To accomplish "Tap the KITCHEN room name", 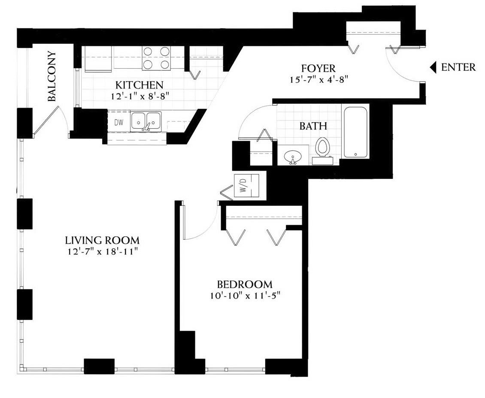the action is pyautogui.click(x=139, y=84).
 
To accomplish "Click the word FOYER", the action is pyautogui.click(x=318, y=68).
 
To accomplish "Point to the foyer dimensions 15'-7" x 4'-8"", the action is pyautogui.click(x=319, y=79).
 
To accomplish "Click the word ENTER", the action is pyautogui.click(x=458, y=67).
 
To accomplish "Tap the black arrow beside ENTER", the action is pyautogui.click(x=433, y=67).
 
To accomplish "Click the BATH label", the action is pyautogui.click(x=313, y=126).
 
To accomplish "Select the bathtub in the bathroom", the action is pyautogui.click(x=355, y=132).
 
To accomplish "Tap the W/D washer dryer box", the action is pyautogui.click(x=247, y=187).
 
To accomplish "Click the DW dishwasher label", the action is pyautogui.click(x=119, y=122).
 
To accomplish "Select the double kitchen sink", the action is pyautogui.click(x=145, y=121).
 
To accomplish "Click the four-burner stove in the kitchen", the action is pyautogui.click(x=157, y=58).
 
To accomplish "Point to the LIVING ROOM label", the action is pyautogui.click(x=103, y=240).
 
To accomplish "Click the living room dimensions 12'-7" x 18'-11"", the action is pyautogui.click(x=103, y=251).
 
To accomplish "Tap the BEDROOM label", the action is pyautogui.click(x=245, y=284).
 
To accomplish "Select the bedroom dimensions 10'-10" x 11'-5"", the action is pyautogui.click(x=245, y=296).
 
